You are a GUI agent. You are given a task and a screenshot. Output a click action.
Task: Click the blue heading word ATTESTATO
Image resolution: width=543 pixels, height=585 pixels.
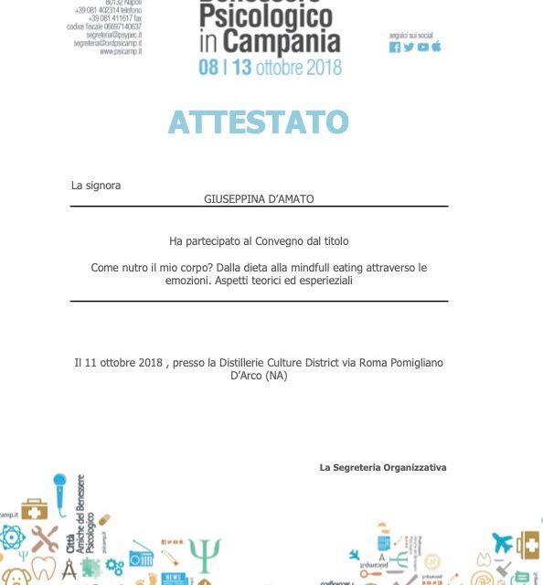[x=258, y=122]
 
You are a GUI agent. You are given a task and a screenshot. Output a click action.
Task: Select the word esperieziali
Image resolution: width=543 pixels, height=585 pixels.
[x=322, y=281]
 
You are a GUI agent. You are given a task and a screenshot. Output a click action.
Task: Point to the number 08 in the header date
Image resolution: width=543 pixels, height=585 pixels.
[x=208, y=67]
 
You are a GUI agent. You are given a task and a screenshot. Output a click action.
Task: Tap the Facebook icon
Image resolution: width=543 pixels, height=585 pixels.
[x=395, y=48]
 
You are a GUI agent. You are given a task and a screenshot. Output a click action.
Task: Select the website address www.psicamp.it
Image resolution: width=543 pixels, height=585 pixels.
[x=120, y=51]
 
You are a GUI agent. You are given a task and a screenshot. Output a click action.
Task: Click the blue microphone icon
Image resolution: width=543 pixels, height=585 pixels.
[x=60, y=488]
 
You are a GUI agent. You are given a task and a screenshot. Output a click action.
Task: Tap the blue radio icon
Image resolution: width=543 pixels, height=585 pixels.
[x=141, y=554]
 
